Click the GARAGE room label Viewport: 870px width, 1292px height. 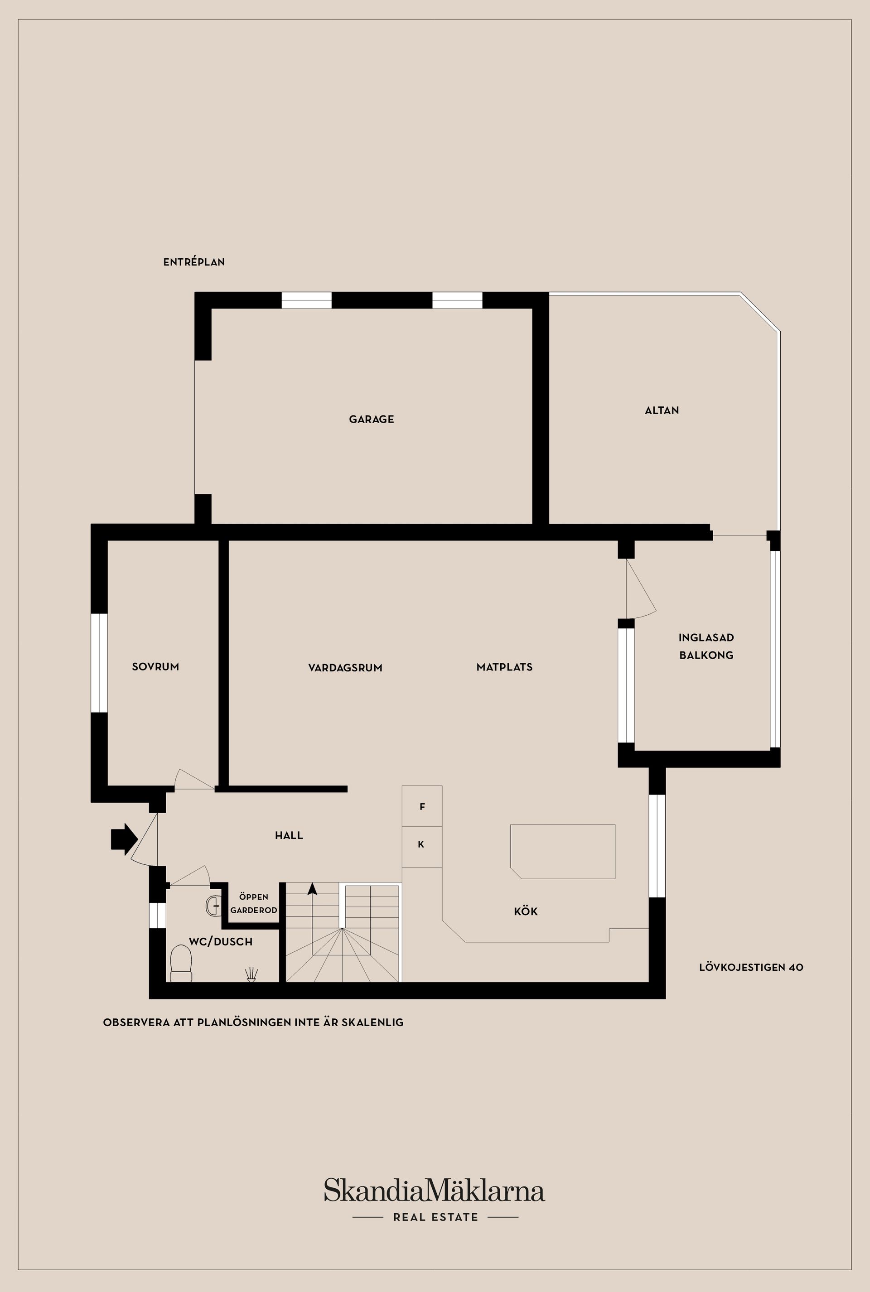click(x=371, y=419)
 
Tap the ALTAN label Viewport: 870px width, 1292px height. click(x=662, y=410)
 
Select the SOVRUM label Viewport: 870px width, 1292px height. click(x=155, y=667)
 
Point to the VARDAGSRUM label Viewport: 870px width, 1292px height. click(x=345, y=668)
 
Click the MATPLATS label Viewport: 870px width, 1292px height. click(x=504, y=667)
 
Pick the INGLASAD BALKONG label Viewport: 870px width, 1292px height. click(x=706, y=646)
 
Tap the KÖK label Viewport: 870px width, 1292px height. click(x=526, y=911)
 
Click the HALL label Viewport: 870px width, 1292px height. click(x=289, y=835)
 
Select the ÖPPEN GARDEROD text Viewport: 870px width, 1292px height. click(x=254, y=904)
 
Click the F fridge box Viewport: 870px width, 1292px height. click(x=422, y=807)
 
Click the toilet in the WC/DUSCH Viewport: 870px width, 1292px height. click(x=181, y=963)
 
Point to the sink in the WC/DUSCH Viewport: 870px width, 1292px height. click(x=213, y=906)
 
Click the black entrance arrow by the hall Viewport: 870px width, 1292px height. click(x=124, y=839)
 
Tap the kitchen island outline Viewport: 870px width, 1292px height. click(x=563, y=852)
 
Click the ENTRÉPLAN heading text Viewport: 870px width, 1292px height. click(x=193, y=262)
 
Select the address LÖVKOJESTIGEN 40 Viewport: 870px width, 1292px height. click(x=751, y=968)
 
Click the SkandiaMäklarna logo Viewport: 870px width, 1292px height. click(x=435, y=1191)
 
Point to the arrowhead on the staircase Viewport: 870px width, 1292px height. click(x=312, y=889)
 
